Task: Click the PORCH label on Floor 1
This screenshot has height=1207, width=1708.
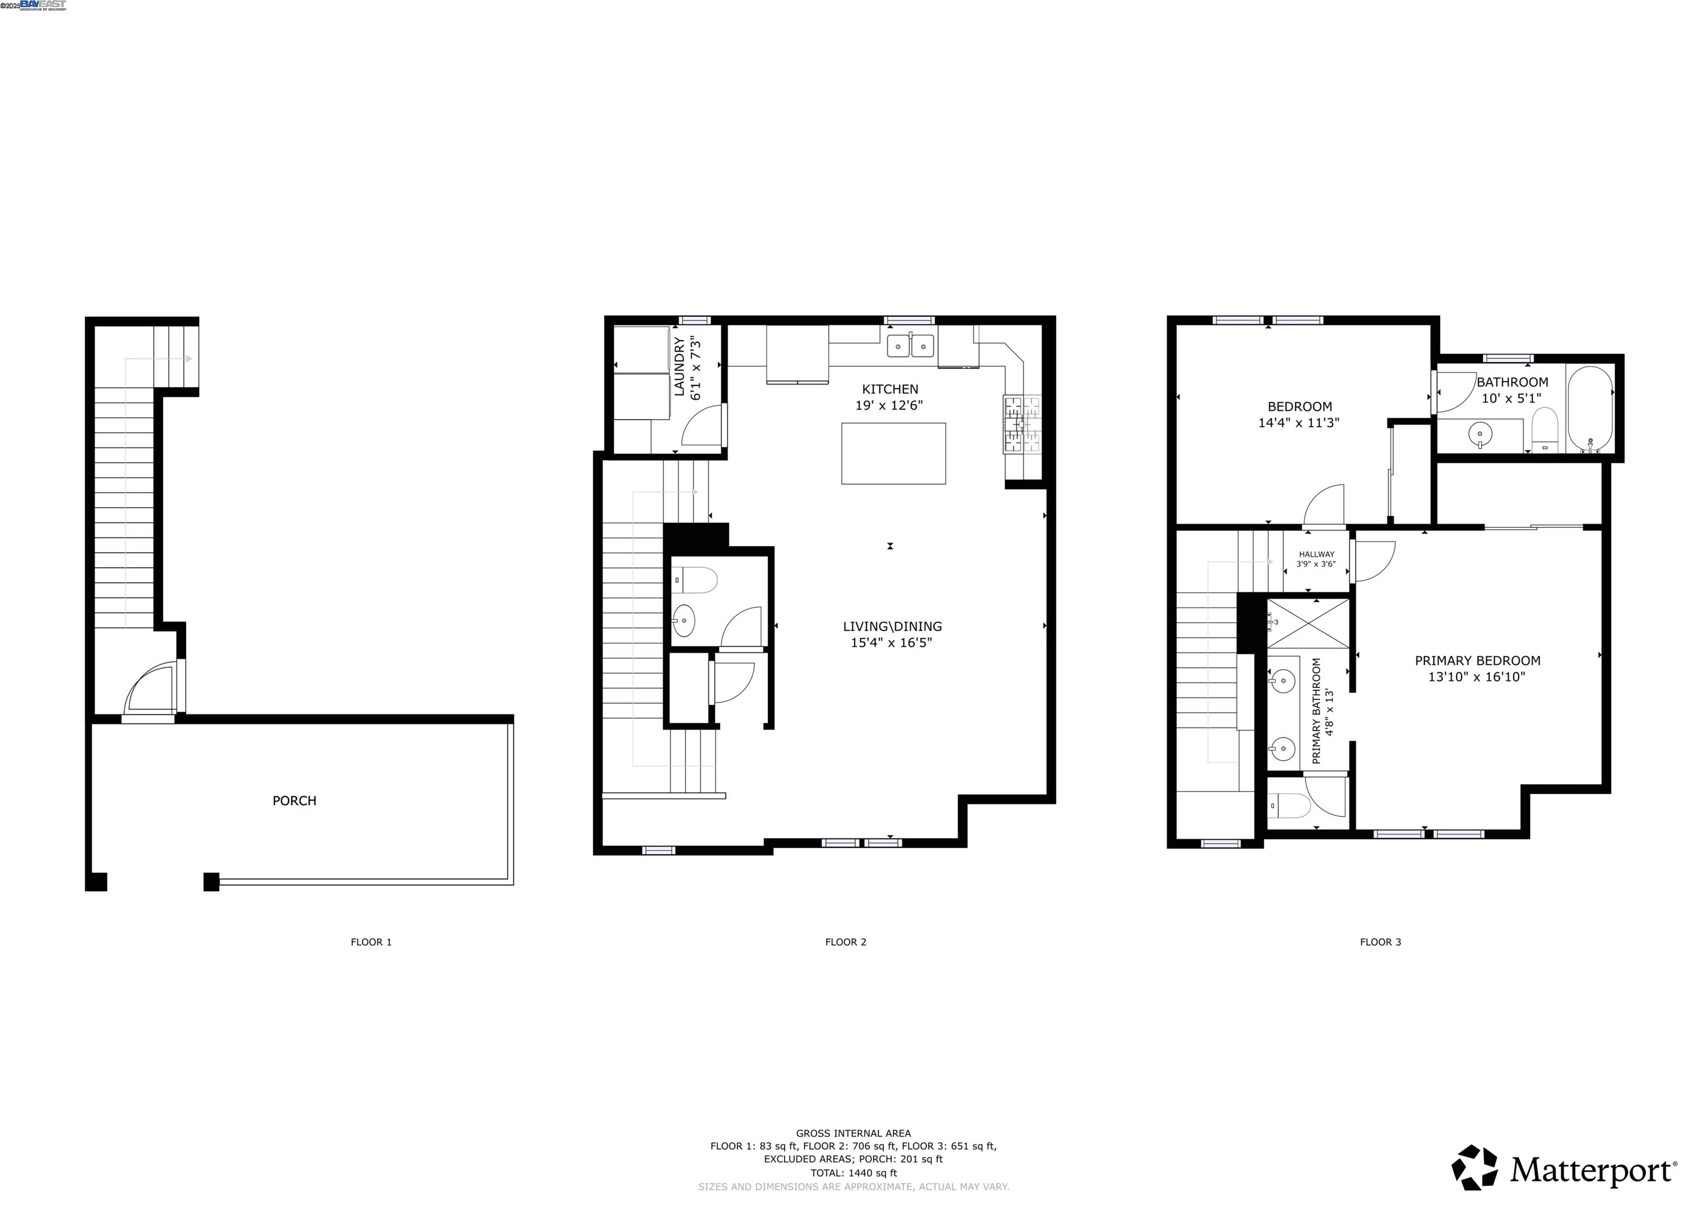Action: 294,801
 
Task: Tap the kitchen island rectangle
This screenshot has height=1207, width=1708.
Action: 893,453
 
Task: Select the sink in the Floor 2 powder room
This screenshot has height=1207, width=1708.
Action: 684,619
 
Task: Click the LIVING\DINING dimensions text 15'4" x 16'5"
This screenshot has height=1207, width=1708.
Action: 891,642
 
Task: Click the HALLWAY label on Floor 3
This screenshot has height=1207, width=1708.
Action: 1316,554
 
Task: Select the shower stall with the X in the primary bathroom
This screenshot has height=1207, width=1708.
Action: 1308,623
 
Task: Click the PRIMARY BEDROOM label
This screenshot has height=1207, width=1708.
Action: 1477,660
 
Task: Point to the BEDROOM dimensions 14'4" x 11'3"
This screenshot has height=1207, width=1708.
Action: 1298,422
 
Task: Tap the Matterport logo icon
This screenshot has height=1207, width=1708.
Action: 1474,1167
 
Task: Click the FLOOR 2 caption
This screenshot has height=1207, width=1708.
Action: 845,941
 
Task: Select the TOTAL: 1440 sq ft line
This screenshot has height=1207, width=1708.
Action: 853,1173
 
